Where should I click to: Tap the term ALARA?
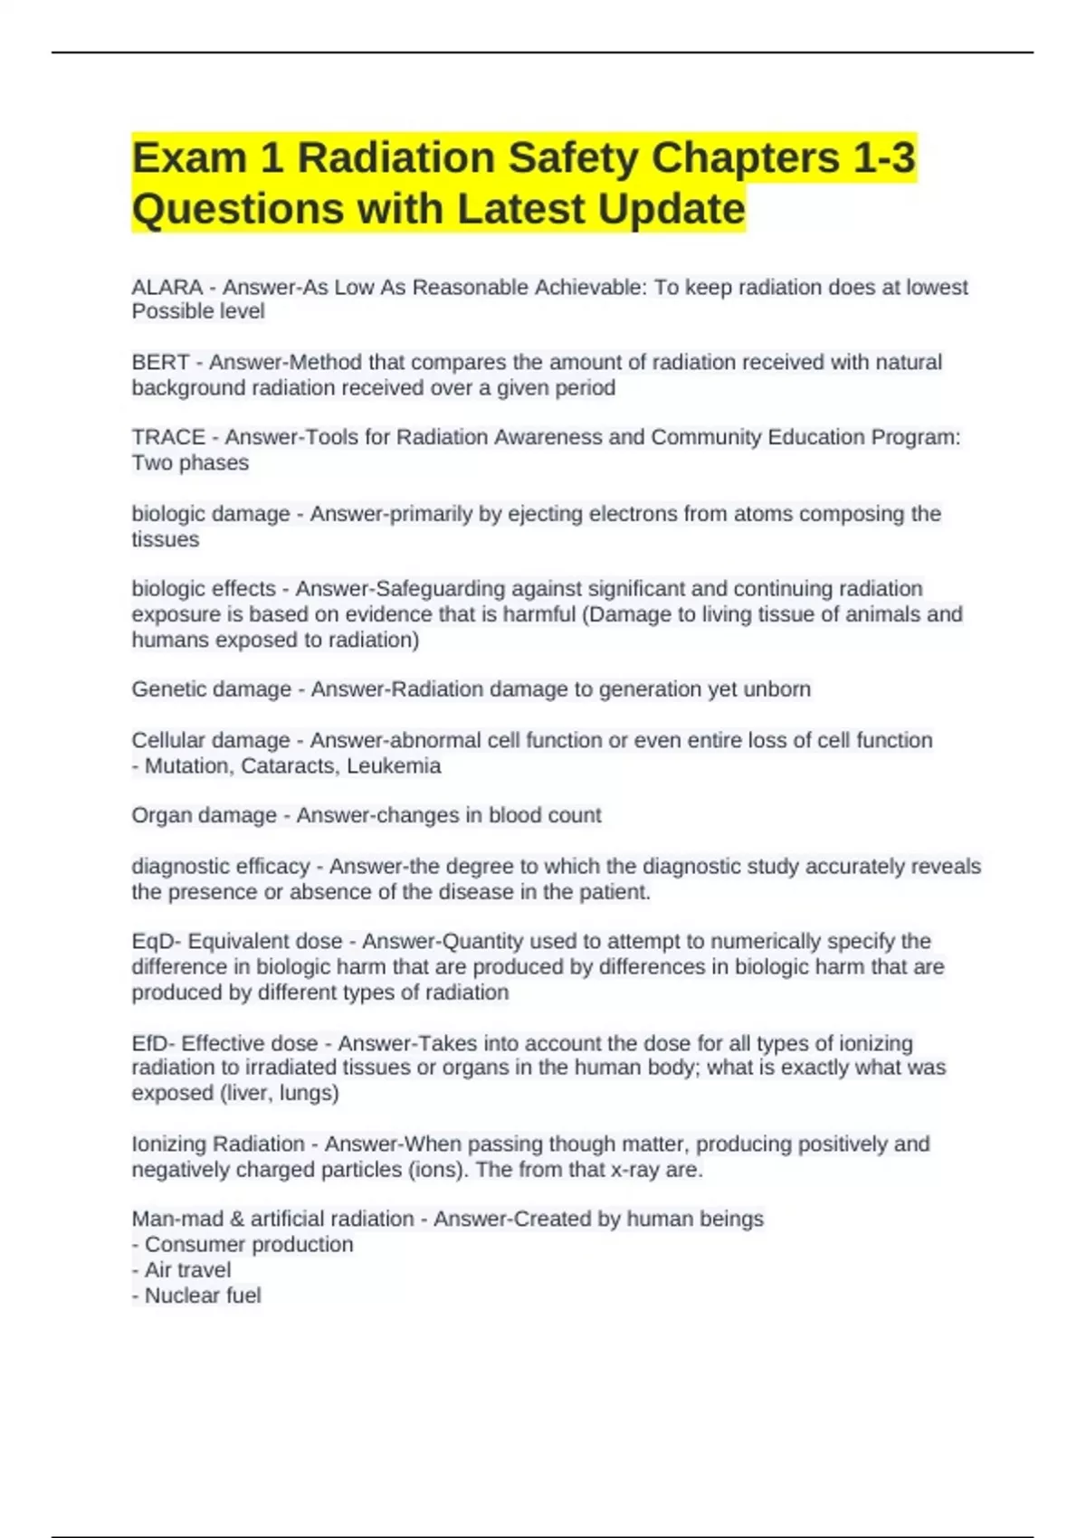click(x=167, y=288)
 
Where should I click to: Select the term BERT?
click(x=160, y=363)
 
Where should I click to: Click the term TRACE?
click(x=168, y=438)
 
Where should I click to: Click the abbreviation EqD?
click(x=153, y=942)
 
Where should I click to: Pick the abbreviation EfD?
click(x=152, y=1043)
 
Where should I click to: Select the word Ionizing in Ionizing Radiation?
click(x=173, y=1144)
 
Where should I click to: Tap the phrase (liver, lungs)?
click(x=280, y=1093)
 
